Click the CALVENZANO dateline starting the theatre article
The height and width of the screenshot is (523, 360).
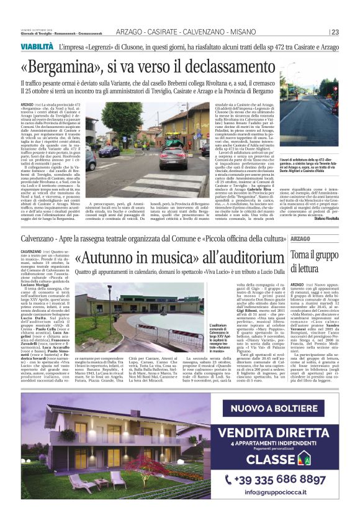click(x=32, y=251)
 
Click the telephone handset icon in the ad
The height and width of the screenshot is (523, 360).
click(x=230, y=479)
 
